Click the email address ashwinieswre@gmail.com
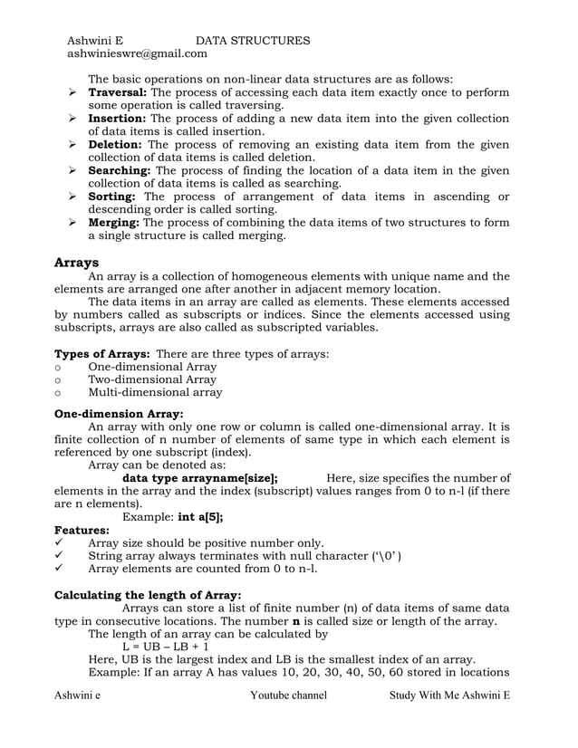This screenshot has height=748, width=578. click(137, 54)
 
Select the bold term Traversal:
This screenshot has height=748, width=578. click(118, 92)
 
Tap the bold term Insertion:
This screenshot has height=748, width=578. click(118, 119)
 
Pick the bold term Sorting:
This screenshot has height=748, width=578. click(112, 197)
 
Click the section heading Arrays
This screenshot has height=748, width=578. click(77, 262)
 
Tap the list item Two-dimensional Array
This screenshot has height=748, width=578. click(152, 380)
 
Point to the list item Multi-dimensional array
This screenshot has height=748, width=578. click(155, 393)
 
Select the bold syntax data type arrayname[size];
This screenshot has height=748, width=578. click(199, 478)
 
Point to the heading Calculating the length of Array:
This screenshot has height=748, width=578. click(149, 596)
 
